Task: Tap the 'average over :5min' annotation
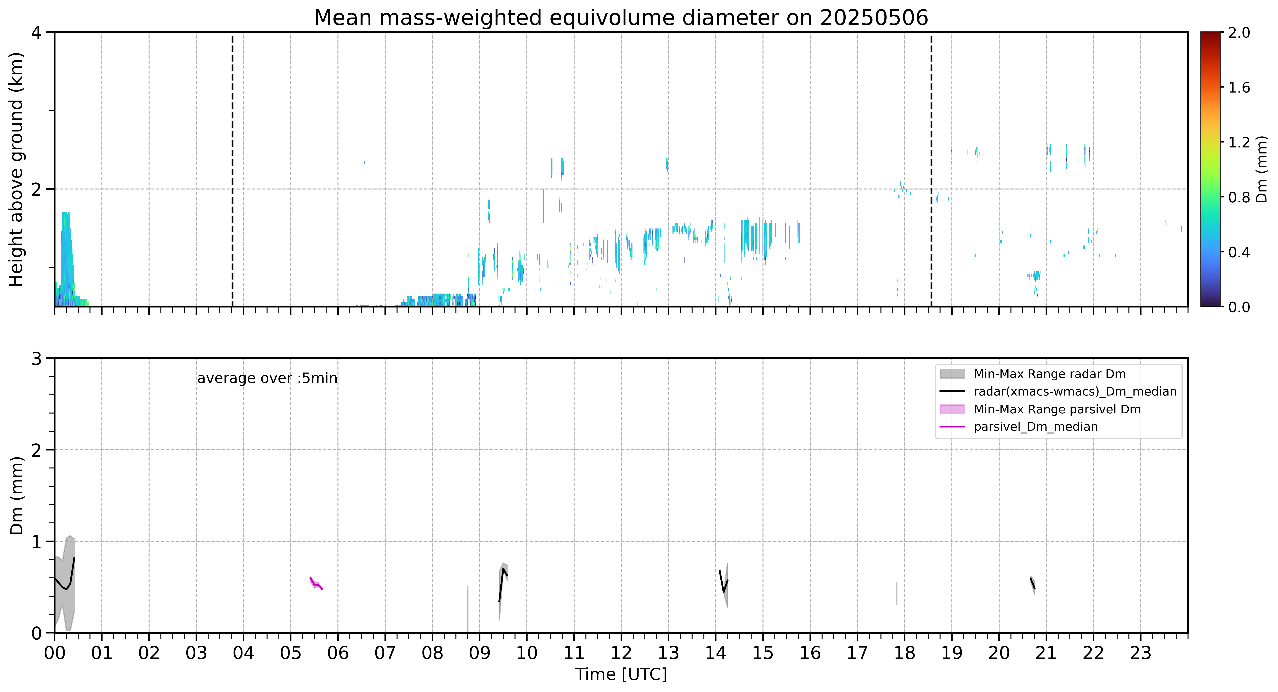coord(267,379)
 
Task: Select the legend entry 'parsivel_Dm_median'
coord(1035,427)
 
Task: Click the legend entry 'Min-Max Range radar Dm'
coord(1049,374)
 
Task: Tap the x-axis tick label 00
coord(55,653)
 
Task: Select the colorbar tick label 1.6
coord(1239,88)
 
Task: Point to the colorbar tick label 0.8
coord(1239,197)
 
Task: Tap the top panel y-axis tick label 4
coord(36,33)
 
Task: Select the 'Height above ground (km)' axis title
coord(16,170)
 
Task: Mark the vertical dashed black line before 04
coord(232,170)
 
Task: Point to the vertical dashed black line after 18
coord(931,170)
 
